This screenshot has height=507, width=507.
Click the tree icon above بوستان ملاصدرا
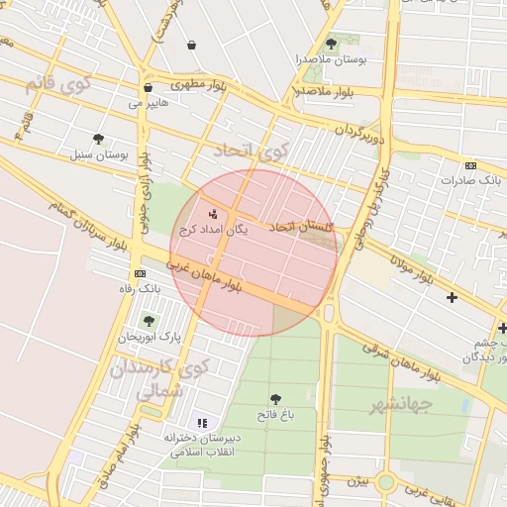[331, 44]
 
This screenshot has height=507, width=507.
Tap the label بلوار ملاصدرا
[325, 92]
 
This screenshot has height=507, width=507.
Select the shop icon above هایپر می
[148, 87]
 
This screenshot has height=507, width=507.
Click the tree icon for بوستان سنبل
[97, 139]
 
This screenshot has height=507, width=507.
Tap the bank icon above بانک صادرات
[470, 164]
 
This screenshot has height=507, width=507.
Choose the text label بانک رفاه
[140, 288]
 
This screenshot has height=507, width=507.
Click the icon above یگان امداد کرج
[212, 213]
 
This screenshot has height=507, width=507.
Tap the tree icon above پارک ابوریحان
[149, 320]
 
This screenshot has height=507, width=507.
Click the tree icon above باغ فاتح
[274, 398]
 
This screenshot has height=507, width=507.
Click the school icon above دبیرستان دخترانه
[202, 423]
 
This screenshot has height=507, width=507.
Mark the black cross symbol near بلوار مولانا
[453, 297]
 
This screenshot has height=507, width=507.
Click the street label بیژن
[357, 481]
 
